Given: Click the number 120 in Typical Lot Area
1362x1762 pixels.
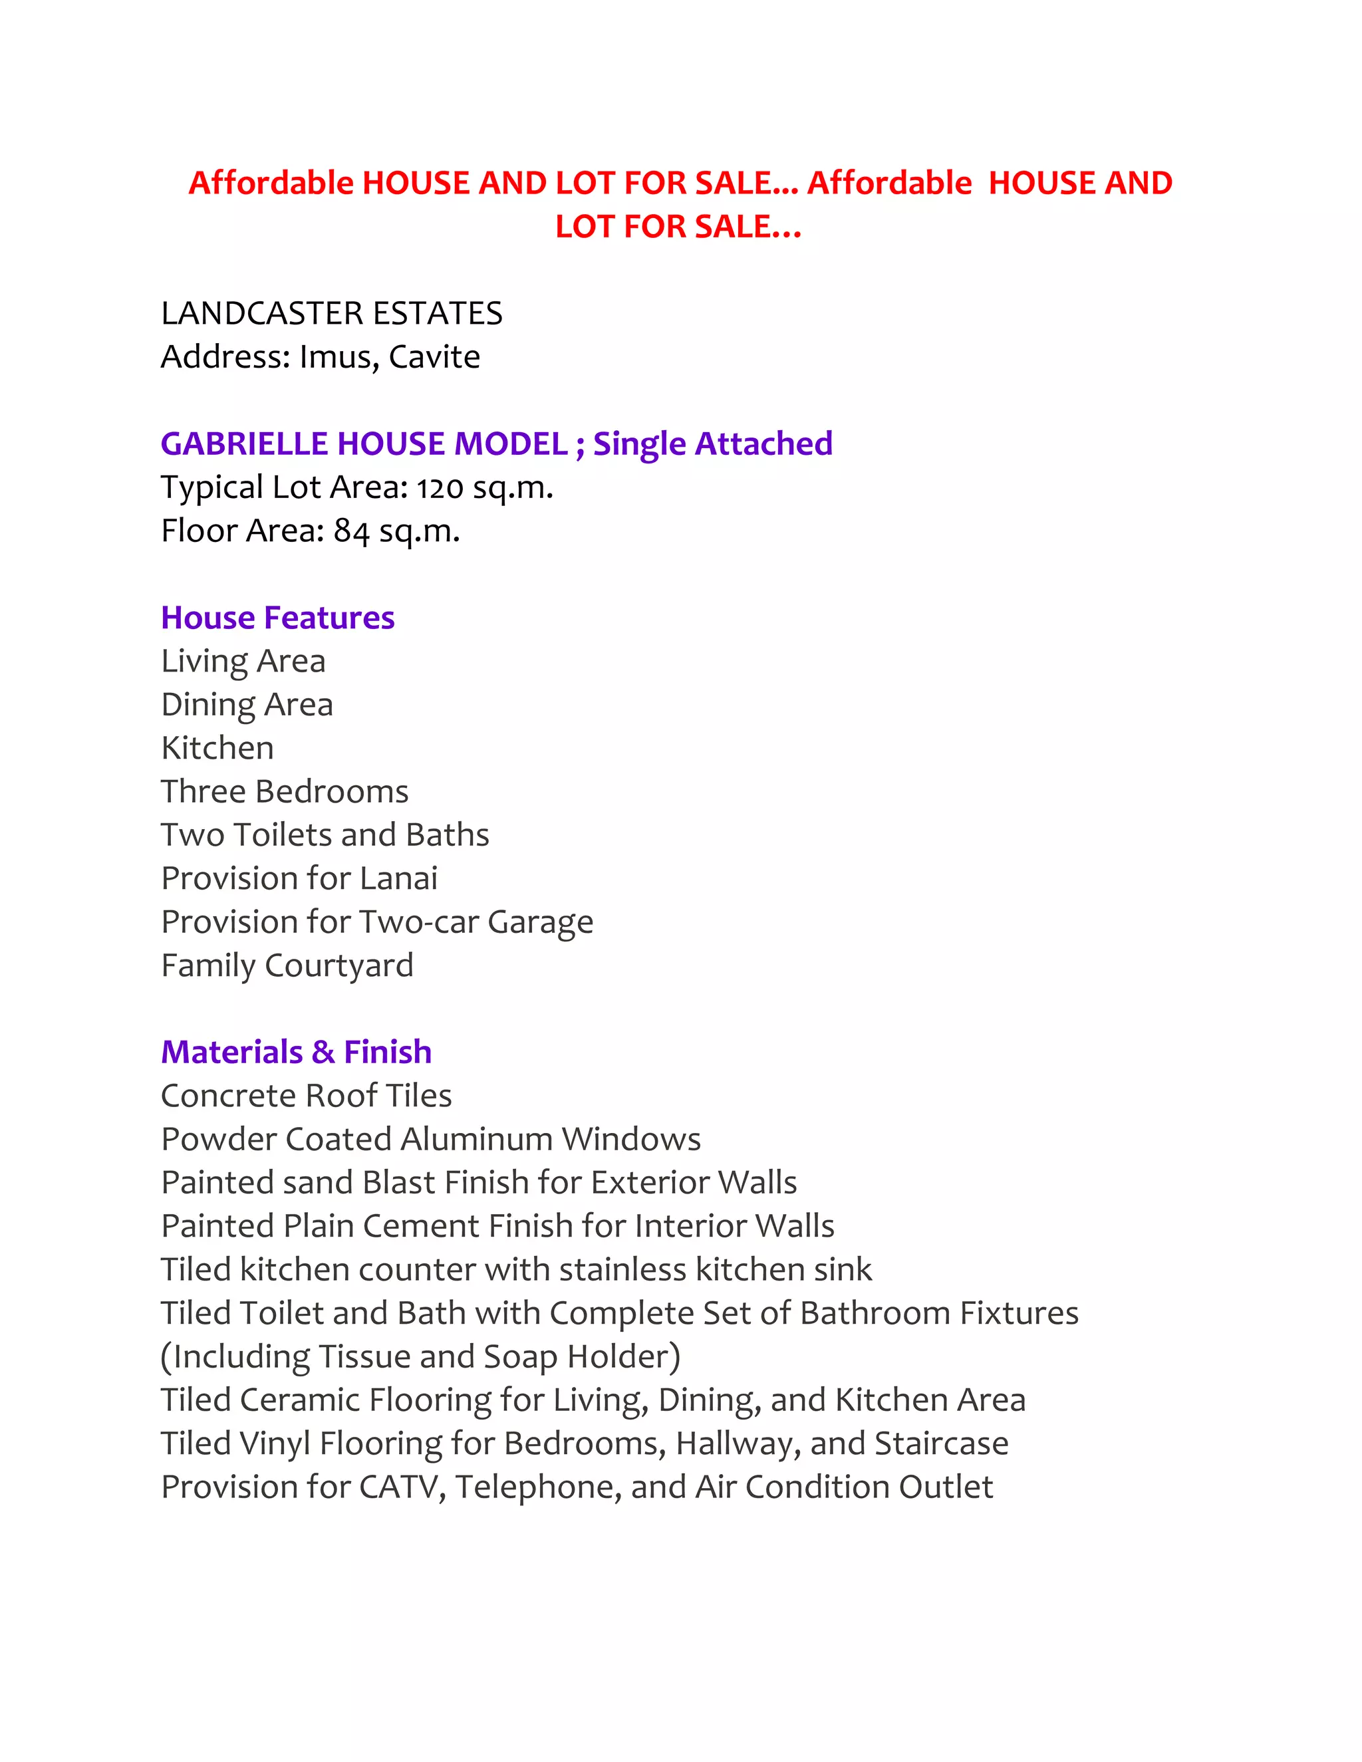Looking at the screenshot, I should (440, 488).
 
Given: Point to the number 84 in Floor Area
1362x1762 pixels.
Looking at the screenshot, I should (352, 532).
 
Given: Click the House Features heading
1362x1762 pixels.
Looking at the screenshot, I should (277, 618).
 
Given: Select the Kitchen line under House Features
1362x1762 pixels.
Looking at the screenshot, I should (217, 748).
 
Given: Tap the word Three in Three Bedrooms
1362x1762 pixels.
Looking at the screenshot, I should (204, 791).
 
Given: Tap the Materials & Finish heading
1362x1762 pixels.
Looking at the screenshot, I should (296, 1052).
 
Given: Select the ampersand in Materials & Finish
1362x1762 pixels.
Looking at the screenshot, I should (323, 1052).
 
